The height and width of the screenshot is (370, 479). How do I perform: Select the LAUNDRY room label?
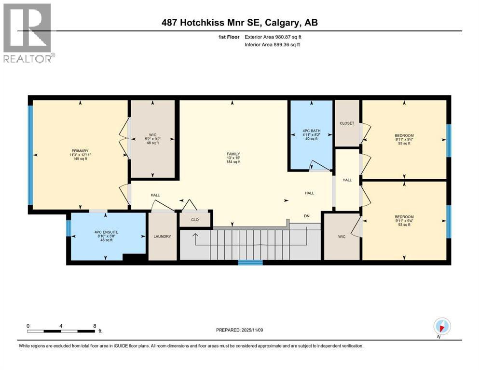(162, 237)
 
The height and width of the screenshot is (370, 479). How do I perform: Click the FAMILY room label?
(233, 154)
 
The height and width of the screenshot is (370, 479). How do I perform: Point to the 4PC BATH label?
(310, 132)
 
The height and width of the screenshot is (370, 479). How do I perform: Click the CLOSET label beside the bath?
(346, 123)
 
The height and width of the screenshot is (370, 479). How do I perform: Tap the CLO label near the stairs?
(195, 219)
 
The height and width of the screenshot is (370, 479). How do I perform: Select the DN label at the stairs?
(306, 216)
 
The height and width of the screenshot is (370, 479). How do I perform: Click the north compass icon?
(442, 326)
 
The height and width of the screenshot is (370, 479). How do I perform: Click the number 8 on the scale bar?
(95, 326)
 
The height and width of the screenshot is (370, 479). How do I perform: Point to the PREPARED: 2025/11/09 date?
(240, 330)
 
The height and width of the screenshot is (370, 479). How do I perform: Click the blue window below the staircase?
(250, 263)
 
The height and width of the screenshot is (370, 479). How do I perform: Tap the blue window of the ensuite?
(68, 228)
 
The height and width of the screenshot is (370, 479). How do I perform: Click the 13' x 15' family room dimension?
(233, 158)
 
